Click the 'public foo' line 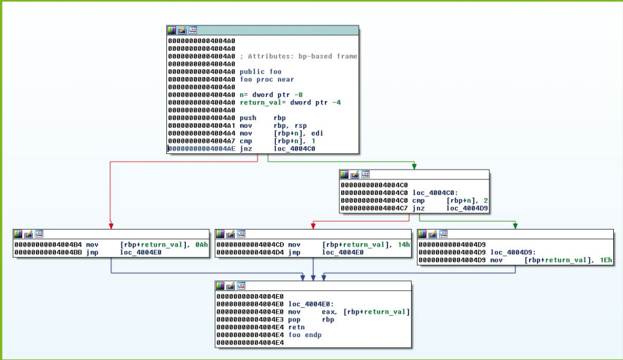[x=260, y=71]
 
